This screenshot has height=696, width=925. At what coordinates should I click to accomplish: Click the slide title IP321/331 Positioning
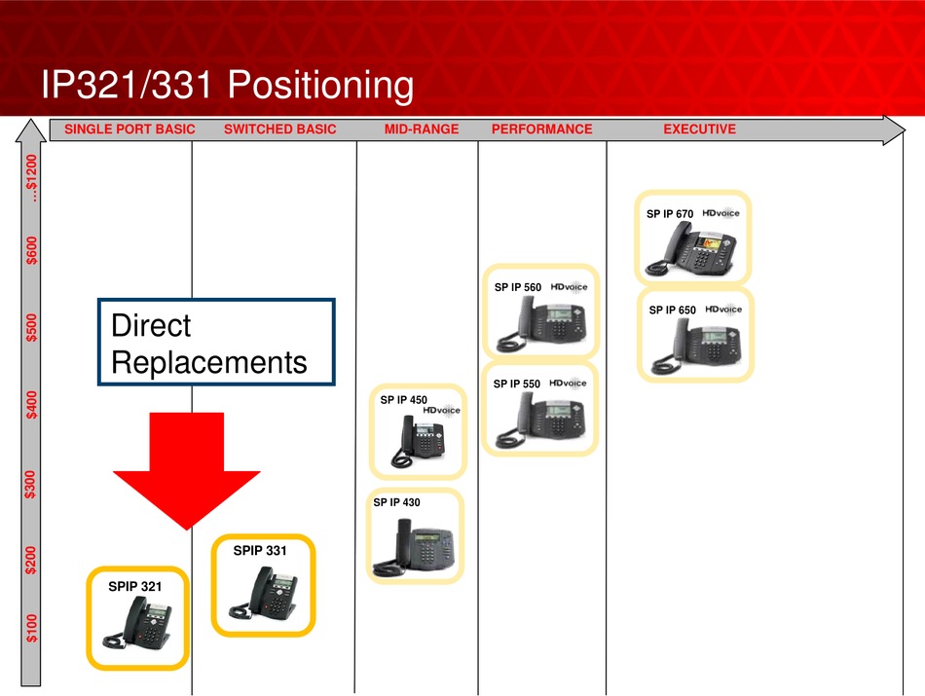point(227,85)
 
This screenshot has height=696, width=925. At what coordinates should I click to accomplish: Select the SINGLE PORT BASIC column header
point(129,129)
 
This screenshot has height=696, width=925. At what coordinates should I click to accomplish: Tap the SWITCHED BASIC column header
point(280,129)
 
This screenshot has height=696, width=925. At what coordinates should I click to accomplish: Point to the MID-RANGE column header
point(422,129)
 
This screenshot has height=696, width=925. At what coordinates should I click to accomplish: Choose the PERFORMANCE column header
point(542,129)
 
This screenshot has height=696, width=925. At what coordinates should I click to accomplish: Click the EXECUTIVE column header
point(700,129)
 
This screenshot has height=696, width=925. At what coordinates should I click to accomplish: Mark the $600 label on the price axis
point(31,250)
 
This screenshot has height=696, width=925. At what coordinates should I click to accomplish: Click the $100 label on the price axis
point(31,628)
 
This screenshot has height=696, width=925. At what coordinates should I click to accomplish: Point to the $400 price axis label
point(31,405)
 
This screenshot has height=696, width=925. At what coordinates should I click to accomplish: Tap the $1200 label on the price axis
point(31,178)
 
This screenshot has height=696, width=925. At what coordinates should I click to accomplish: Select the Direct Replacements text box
point(216,342)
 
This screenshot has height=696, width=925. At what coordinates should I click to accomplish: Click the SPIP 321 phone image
point(137,623)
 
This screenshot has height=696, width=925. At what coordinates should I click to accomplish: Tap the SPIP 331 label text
point(260,550)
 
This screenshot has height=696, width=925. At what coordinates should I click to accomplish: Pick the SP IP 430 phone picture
point(414,547)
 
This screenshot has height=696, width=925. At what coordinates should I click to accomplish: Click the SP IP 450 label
point(403,400)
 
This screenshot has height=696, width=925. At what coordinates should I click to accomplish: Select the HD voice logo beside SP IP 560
point(570,287)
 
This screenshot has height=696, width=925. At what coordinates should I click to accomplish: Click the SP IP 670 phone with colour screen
point(690,248)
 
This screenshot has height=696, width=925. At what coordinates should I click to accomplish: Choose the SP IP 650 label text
point(673,311)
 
